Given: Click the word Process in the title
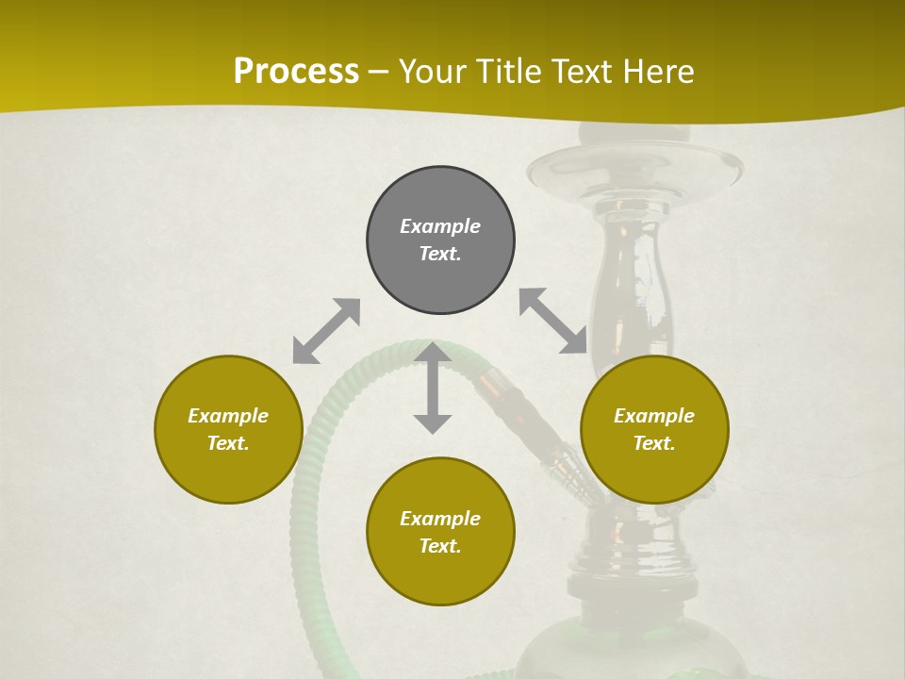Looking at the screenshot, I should tap(296, 71).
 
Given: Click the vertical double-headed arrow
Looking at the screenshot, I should tap(433, 388).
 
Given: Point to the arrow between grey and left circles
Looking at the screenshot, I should tap(326, 331).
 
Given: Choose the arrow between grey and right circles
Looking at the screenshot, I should tap(553, 321).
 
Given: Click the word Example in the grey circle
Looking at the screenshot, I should tap(440, 226).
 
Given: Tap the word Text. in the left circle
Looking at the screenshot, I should tap(228, 443).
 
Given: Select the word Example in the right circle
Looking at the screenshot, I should tap(654, 416).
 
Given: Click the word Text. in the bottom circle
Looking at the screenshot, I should tap(440, 546).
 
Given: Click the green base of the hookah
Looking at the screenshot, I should tap(650, 651).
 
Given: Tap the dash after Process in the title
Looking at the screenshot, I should tap(379, 72).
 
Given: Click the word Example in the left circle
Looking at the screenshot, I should tap(228, 416).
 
